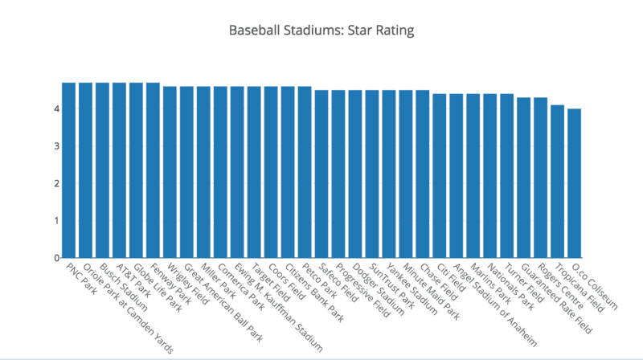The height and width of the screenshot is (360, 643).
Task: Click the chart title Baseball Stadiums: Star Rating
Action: pyautogui.click(x=321, y=31)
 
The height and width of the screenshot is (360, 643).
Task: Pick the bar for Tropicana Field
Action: pyautogui.click(x=557, y=182)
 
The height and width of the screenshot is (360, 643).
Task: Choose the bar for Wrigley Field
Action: pyautogui.click(x=170, y=172)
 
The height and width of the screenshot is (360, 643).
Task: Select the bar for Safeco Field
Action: pyautogui.click(x=321, y=174)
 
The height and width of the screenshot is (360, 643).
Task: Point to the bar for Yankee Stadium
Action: pyautogui.click(x=389, y=174)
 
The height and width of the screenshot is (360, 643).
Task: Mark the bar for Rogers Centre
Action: pyautogui.click(x=540, y=178)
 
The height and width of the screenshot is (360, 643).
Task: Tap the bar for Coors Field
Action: pyautogui.click(x=271, y=172)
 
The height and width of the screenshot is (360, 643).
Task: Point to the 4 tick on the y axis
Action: pyautogui.click(x=56, y=108)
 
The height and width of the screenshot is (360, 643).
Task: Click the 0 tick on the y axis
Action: pyautogui.click(x=56, y=258)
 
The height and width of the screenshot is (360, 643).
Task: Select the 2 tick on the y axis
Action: pyautogui.click(x=56, y=183)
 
